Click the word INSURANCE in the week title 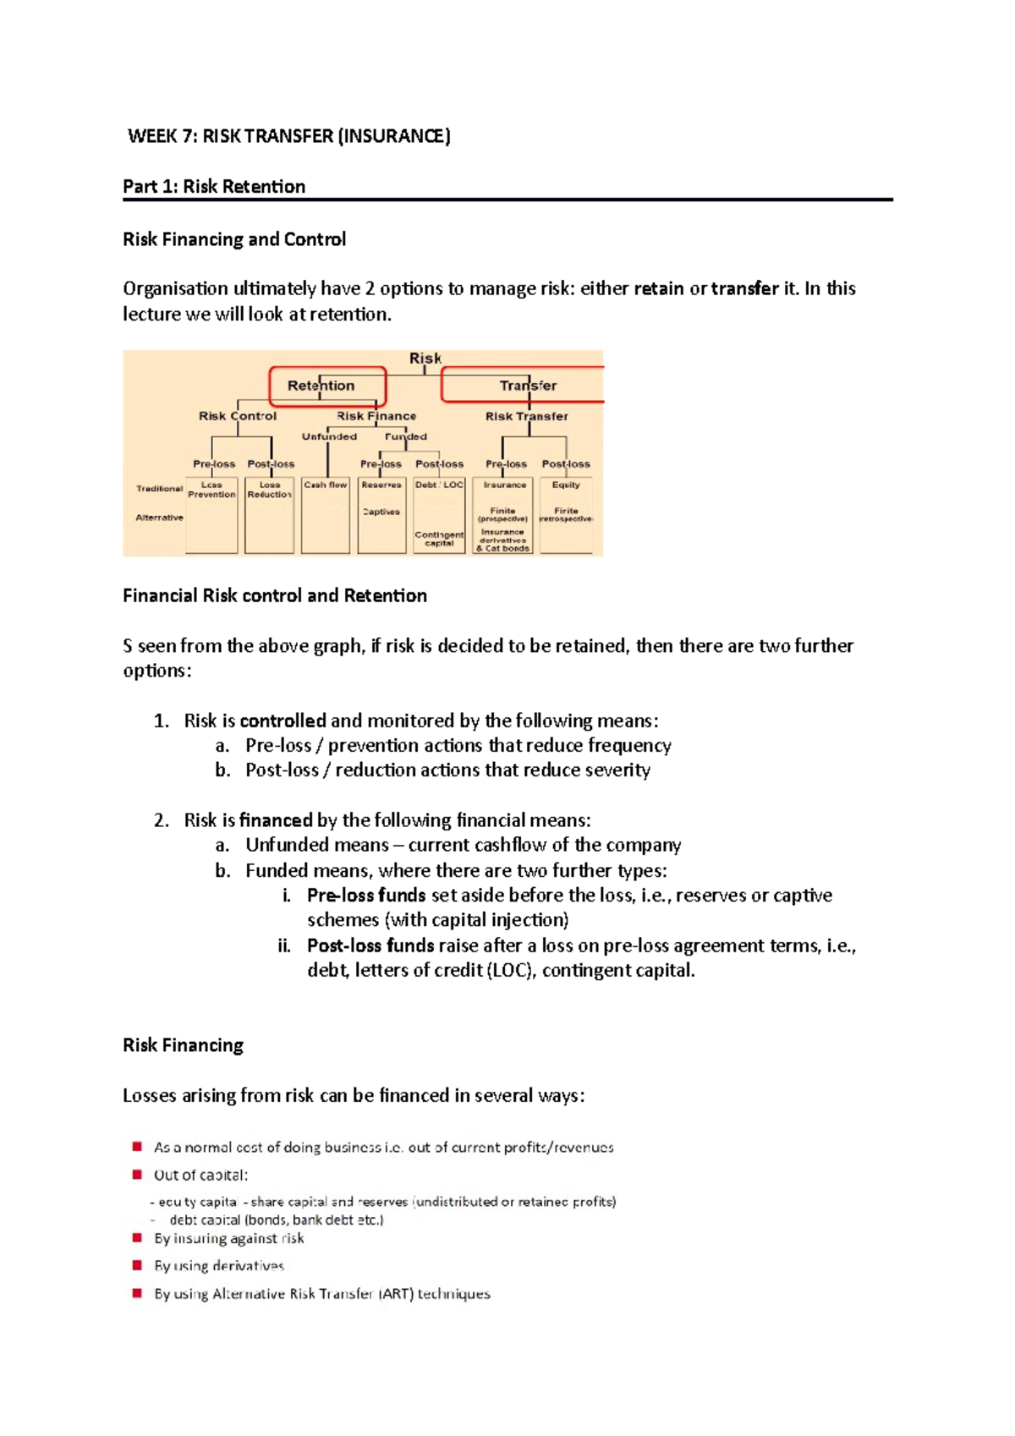click(x=394, y=136)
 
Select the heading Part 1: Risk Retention click(x=214, y=187)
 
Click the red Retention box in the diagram click(x=327, y=386)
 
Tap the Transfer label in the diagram click(x=528, y=386)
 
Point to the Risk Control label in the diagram click(x=238, y=416)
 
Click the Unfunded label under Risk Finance click(x=329, y=437)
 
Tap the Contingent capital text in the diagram click(x=439, y=539)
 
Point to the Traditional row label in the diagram click(x=159, y=489)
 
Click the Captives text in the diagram click(x=381, y=512)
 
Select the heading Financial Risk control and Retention click(x=275, y=596)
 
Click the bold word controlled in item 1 click(x=283, y=721)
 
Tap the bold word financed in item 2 click(x=276, y=820)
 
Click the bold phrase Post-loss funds click(x=370, y=945)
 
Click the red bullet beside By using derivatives click(x=137, y=1265)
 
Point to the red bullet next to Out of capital click(x=137, y=1175)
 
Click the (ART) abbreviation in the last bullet click(x=396, y=1294)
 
